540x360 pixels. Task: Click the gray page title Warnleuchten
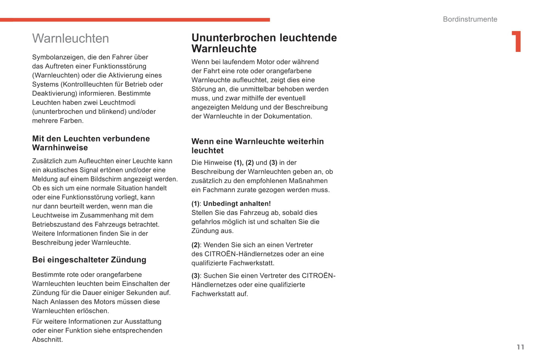tap(71, 38)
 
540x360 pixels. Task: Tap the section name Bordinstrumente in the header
tap(470, 19)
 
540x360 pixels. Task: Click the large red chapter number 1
tap(516, 41)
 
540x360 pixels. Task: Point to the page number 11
tap(520, 347)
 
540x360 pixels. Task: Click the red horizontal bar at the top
tap(135, 20)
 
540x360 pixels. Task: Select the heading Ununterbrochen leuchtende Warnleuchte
tap(264, 43)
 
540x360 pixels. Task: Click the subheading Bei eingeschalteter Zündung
tap(89, 260)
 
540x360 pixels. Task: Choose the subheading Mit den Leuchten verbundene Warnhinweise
tap(91, 143)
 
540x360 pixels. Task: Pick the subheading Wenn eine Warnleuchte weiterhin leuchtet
tap(257, 146)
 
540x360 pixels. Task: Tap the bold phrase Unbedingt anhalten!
tap(237, 204)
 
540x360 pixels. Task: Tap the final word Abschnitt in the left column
tap(47, 339)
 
